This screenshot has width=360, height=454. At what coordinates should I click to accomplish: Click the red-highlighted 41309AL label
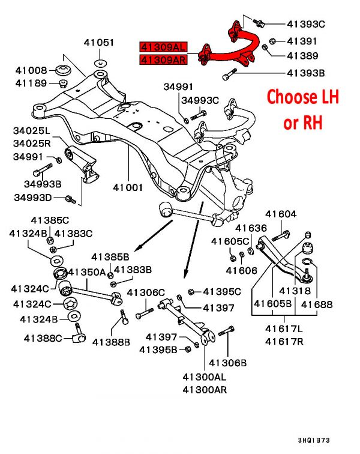[163, 46]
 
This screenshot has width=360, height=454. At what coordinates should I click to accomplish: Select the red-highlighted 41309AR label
[163, 59]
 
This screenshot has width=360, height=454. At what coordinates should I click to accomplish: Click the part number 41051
[98, 42]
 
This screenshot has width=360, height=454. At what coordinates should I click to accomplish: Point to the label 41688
[316, 305]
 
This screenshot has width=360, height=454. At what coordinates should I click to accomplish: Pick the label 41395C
[222, 292]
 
